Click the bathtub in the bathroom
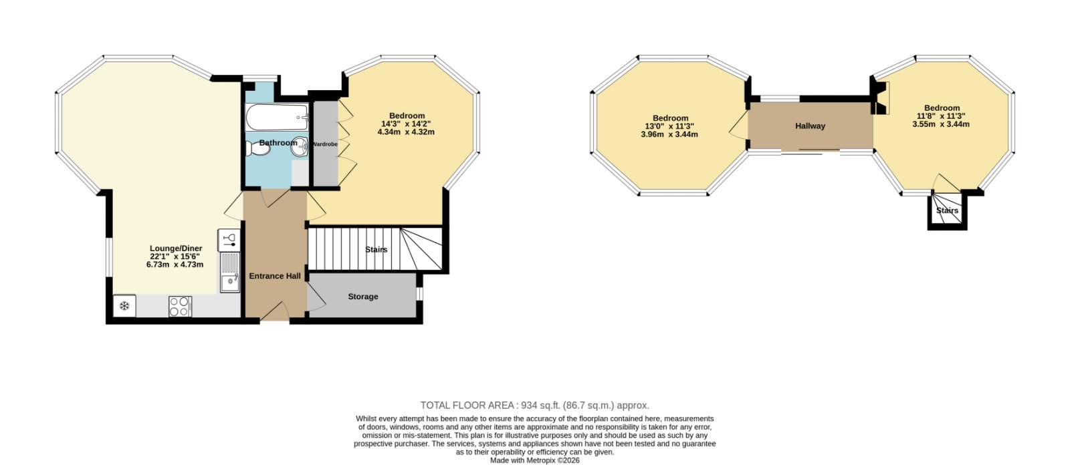tap(277, 117)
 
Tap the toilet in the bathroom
tap(258, 149)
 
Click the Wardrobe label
tap(325, 144)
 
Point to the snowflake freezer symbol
tap(124, 306)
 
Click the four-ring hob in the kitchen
tap(180, 306)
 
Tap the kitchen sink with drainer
tap(230, 272)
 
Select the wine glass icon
tap(229, 240)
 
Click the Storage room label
tap(363, 297)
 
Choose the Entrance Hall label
tap(275, 276)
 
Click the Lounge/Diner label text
tap(176, 249)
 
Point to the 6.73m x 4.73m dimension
tap(175, 265)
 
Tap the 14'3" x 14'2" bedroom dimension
tap(406, 124)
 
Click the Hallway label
tap(810, 126)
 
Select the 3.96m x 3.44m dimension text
tap(669, 135)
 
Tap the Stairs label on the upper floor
tap(947, 210)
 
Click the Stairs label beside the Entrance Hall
tap(377, 250)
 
